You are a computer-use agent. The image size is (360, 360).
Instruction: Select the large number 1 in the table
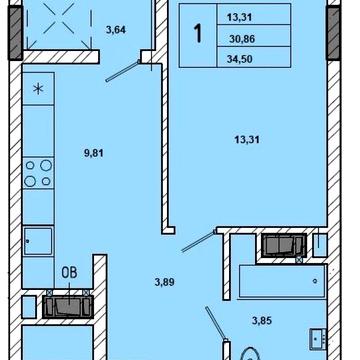(197, 33)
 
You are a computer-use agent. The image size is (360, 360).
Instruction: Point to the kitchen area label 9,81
(96, 154)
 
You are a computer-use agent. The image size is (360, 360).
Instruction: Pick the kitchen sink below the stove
(40, 240)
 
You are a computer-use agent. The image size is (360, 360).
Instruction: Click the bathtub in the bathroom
(279, 281)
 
